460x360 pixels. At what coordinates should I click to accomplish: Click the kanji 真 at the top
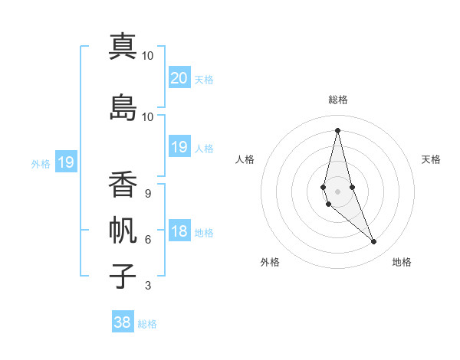click(123, 47)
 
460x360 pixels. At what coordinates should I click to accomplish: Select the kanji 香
click(123, 185)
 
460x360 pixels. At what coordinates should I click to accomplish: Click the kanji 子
click(123, 276)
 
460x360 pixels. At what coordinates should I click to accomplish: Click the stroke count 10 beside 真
click(148, 56)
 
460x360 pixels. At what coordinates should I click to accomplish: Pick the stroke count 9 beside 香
click(148, 193)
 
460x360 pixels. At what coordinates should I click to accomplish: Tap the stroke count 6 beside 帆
click(148, 240)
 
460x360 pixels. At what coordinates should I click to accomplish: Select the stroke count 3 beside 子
click(148, 286)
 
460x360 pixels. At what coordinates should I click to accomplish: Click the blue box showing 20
click(179, 77)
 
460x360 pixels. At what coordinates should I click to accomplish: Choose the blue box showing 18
click(179, 231)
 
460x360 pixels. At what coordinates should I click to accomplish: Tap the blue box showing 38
click(123, 322)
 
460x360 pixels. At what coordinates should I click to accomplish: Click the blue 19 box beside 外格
click(65, 162)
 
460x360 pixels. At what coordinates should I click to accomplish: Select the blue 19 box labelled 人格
click(179, 147)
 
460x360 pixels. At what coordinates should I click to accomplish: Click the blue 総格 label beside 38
click(147, 324)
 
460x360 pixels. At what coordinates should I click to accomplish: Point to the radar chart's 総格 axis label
click(337, 100)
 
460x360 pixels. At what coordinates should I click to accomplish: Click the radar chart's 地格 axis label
click(402, 262)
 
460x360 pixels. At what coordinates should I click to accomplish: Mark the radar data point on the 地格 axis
click(374, 242)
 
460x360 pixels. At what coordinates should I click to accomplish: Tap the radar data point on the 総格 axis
click(337, 130)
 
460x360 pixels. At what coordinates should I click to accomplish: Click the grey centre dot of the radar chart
click(337, 190)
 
